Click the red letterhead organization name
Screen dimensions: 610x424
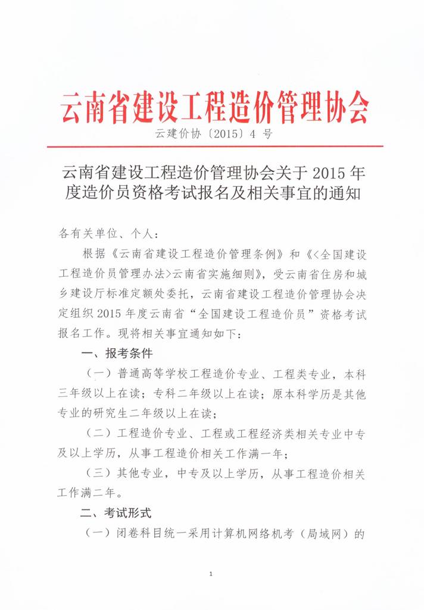pos(214,107)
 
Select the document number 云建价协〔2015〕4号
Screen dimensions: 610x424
pos(214,134)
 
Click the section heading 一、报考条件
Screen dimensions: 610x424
pos(117,354)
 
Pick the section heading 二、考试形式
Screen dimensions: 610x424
pos(117,512)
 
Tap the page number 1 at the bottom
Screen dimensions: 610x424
pos(211,574)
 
